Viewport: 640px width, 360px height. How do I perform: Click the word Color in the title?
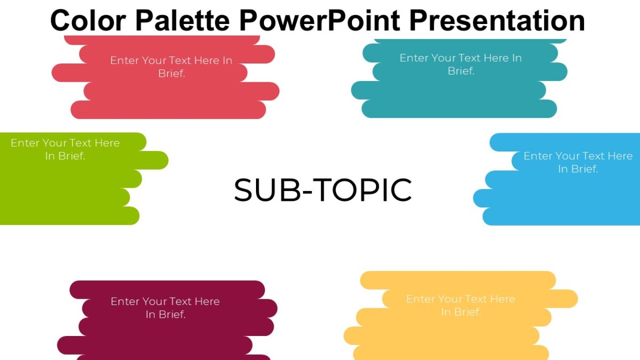click(88, 20)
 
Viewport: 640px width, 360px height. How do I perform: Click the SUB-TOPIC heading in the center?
click(323, 190)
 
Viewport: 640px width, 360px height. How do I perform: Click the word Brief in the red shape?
click(171, 74)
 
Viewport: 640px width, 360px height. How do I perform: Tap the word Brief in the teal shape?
click(461, 71)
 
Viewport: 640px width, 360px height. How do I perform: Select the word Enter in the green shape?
click(25, 143)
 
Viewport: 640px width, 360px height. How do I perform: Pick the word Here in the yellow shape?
click(502, 299)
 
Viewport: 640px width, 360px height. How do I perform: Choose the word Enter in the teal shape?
click(414, 58)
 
